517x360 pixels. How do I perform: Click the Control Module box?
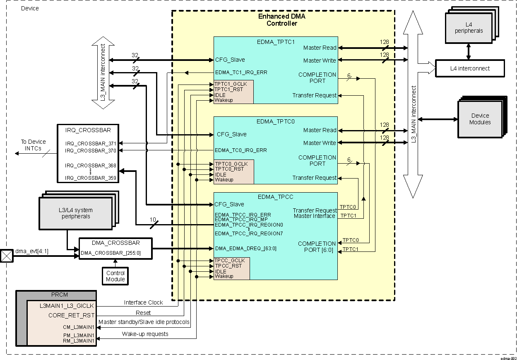(x=115, y=276)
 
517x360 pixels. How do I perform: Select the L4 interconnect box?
(x=470, y=68)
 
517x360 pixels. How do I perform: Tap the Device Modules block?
(x=480, y=119)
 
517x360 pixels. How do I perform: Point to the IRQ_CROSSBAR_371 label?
(x=91, y=143)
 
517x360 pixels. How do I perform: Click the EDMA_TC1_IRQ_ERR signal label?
(x=241, y=72)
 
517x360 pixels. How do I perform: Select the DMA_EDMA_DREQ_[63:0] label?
(x=245, y=249)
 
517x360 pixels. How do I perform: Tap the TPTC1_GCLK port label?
(x=231, y=84)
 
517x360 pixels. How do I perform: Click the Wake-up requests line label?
(x=145, y=334)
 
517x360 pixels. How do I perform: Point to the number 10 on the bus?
(x=153, y=220)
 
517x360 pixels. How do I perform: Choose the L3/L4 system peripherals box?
(x=76, y=213)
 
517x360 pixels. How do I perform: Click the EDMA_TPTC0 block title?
(x=275, y=121)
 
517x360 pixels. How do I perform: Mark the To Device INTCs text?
(x=34, y=145)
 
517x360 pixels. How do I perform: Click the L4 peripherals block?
(x=469, y=28)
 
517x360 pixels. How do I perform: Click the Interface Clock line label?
(x=144, y=302)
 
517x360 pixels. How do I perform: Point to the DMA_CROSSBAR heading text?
(x=115, y=243)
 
